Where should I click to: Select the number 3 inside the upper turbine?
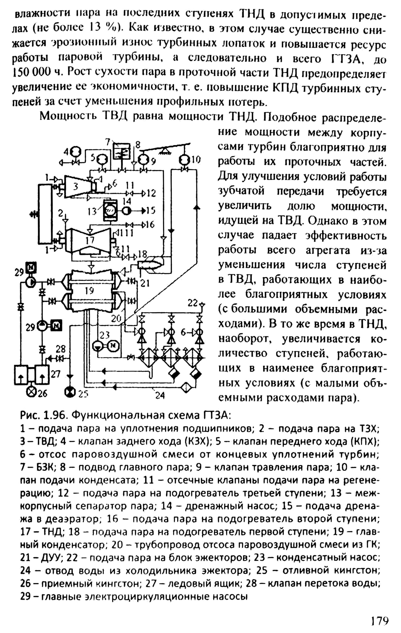76,186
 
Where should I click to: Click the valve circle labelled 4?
76,152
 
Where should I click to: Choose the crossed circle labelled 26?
31,392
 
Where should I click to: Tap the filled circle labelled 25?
70,392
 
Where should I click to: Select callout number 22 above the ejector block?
193,303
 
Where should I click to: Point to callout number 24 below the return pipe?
160,395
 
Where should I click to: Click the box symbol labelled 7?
122,151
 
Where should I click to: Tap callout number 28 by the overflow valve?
61,349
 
